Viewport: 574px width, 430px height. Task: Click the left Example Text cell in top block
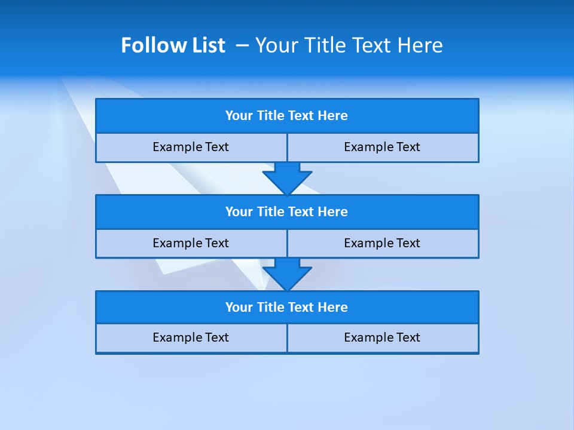[x=191, y=148]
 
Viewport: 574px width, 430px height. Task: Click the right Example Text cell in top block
[x=382, y=148]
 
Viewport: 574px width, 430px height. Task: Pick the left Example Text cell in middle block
[x=191, y=243]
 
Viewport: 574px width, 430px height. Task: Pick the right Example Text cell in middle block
[x=382, y=243]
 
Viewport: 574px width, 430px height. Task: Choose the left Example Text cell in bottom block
[x=191, y=338]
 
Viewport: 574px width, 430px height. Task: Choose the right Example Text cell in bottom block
[x=382, y=338]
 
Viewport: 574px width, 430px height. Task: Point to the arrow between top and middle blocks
[x=287, y=178]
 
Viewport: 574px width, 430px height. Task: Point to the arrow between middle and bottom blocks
[x=287, y=274]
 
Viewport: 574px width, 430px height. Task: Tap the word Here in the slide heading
[x=420, y=45]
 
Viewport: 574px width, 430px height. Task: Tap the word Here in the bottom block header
[x=333, y=308]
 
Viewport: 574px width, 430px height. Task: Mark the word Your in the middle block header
[x=239, y=212]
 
